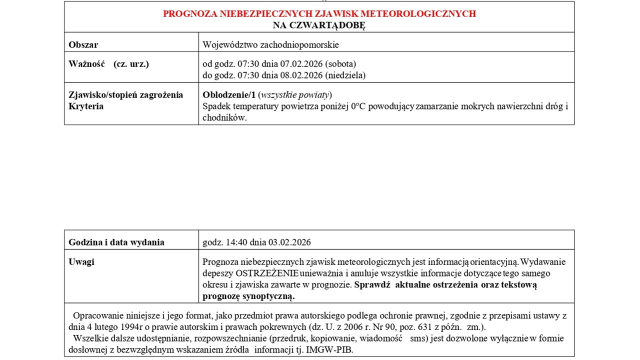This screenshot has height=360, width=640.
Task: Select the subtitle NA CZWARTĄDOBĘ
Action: [319, 25]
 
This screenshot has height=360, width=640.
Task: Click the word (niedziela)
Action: [345, 75]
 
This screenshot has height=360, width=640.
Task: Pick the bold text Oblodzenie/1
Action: [229, 95]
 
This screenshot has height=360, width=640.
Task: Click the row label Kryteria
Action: [86, 106]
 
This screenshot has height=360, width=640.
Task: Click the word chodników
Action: [224, 118]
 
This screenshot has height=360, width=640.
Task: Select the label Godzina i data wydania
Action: [116, 242]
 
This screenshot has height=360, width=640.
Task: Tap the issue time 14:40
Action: [230, 242]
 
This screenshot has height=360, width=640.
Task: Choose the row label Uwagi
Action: [81, 262]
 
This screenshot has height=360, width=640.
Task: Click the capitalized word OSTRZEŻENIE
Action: [267, 273]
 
